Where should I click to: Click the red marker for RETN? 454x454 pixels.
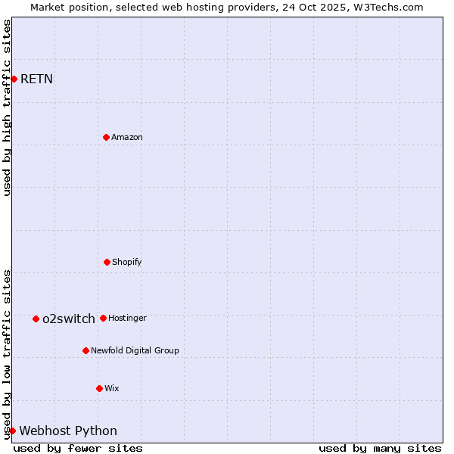coord(14,79)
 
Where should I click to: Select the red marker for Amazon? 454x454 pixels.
coord(106,137)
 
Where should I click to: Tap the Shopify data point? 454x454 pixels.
coord(107,262)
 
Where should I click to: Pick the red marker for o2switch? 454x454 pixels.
coord(36,319)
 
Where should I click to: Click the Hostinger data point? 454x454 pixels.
coord(103,318)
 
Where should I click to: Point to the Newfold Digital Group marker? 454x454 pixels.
coord(86,350)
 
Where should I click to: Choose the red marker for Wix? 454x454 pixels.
coord(99,388)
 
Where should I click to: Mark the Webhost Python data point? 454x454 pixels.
coord(12,431)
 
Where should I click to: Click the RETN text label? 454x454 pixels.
coord(36,79)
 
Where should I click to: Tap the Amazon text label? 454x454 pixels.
coord(127,137)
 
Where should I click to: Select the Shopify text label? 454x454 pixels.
coord(127,262)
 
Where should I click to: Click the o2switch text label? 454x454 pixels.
coord(69,319)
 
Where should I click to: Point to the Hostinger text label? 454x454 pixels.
coord(127,318)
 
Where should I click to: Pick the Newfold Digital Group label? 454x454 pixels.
coord(135,350)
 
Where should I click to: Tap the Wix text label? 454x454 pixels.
coord(112,388)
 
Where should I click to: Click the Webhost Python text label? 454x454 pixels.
coord(68,431)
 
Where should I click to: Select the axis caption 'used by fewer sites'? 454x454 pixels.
coord(78,448)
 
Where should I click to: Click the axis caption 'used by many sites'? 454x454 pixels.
coord(380,448)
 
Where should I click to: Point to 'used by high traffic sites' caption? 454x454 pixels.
coord(7,107)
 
